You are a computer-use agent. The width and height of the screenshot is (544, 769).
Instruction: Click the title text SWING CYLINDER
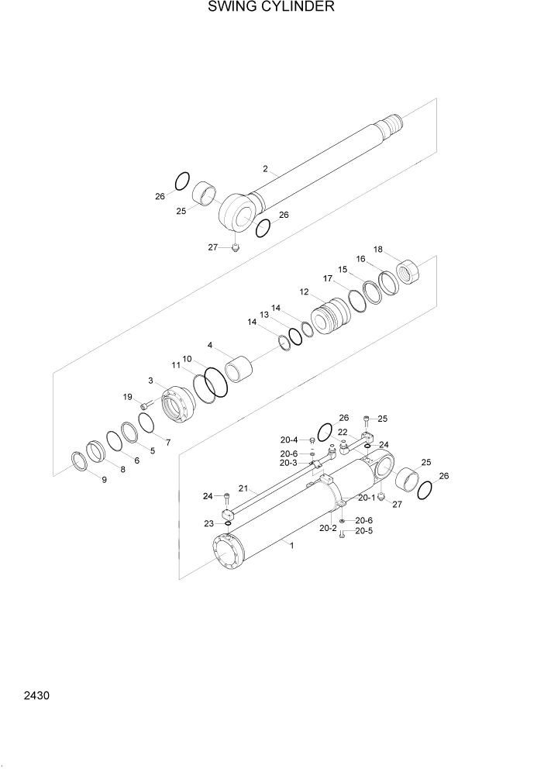pyautogui.click(x=271, y=8)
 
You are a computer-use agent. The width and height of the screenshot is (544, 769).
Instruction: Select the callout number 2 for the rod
pyautogui.click(x=265, y=168)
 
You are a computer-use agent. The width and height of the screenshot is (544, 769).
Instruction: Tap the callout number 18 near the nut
pyautogui.click(x=378, y=250)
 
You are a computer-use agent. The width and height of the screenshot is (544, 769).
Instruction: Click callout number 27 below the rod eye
pyautogui.click(x=212, y=247)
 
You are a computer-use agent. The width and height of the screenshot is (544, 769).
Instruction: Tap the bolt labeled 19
pyautogui.click(x=145, y=405)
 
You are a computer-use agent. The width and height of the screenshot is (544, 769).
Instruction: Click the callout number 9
pyautogui.click(x=104, y=480)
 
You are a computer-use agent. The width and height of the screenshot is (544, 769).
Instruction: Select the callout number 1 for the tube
pyautogui.click(x=291, y=546)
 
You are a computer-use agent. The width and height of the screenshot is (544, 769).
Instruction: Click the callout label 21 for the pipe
pyautogui.click(x=243, y=488)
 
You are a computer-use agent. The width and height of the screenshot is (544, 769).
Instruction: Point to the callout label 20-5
pyautogui.click(x=364, y=531)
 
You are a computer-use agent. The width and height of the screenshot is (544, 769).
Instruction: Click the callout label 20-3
pyautogui.click(x=288, y=463)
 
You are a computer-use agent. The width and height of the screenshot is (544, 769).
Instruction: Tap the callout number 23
pyautogui.click(x=209, y=523)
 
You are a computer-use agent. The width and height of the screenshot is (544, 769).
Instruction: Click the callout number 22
pyautogui.click(x=343, y=432)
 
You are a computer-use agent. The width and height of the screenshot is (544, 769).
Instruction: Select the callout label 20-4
pyautogui.click(x=289, y=440)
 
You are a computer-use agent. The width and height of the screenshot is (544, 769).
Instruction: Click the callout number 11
pyautogui.click(x=176, y=364)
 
